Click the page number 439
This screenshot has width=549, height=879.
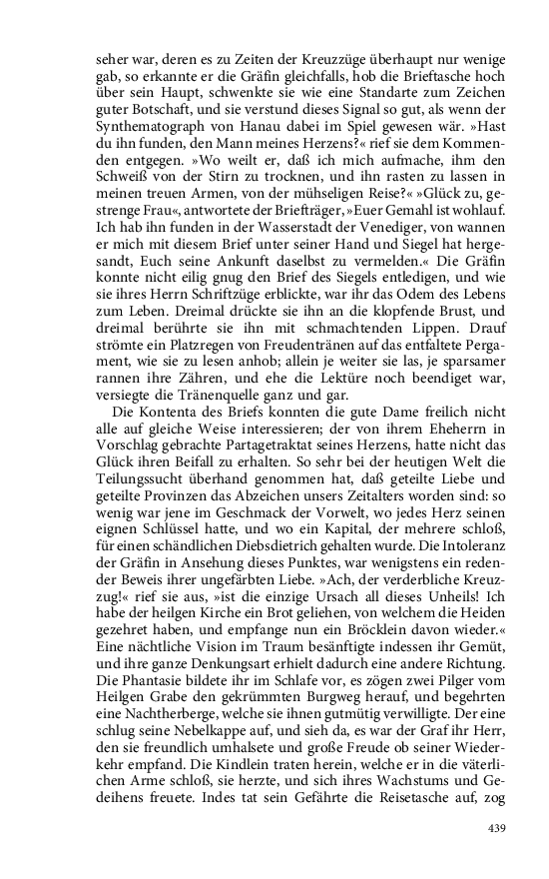pos(499,828)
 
